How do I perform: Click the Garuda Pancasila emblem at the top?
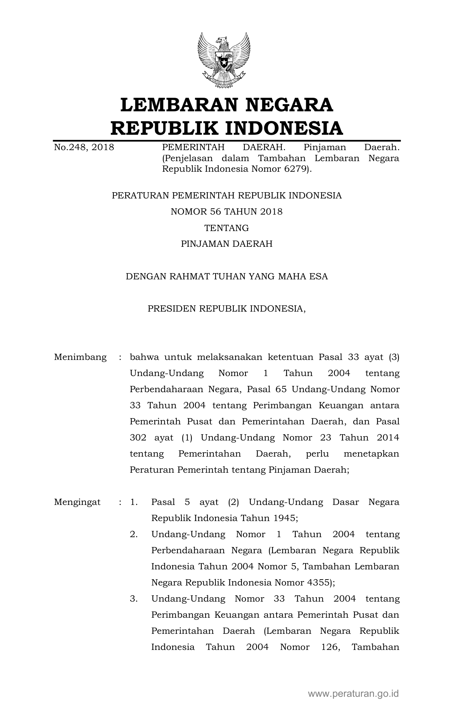[224, 60]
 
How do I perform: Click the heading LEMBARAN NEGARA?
[226, 105]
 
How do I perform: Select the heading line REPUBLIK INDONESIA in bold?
[226, 128]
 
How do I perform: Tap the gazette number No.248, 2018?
[84, 148]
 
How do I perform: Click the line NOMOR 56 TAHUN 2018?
[226, 212]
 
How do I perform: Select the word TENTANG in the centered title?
[226, 228]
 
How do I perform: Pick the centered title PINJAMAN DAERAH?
[226, 244]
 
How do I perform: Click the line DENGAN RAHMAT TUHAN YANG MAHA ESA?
[226, 276]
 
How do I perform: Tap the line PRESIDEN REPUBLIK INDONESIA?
[226, 309]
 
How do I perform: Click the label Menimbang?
[80, 357]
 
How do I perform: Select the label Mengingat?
[77, 502]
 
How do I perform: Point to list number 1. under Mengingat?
[134, 502]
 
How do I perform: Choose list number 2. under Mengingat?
[134, 534]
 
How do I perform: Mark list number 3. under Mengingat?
[134, 599]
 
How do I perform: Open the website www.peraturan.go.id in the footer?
[353, 693]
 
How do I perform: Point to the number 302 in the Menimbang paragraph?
[138, 438]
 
